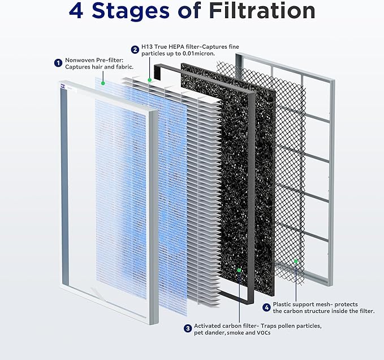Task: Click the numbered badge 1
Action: [58, 63]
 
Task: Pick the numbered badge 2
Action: [135, 49]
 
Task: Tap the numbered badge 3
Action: [187, 328]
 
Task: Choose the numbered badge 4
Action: [266, 307]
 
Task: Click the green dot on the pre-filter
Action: [103, 83]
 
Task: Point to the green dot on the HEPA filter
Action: [149, 80]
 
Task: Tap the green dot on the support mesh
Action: [295, 261]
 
